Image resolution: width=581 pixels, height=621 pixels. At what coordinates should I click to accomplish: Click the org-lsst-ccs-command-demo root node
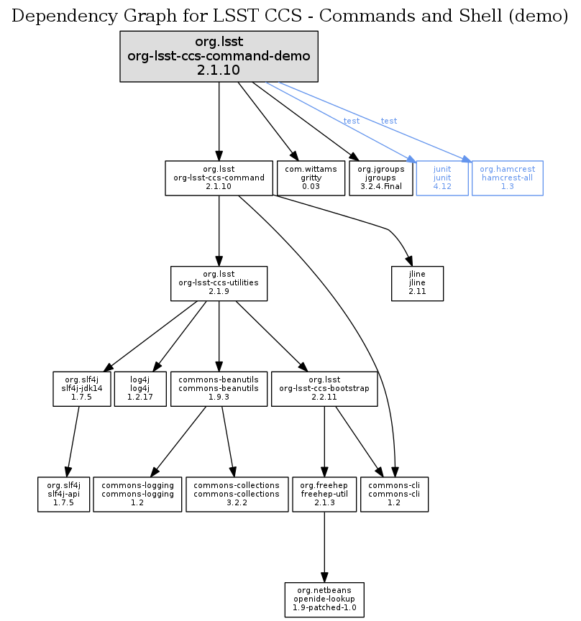(x=219, y=56)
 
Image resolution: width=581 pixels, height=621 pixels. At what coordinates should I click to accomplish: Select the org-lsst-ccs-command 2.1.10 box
(x=219, y=178)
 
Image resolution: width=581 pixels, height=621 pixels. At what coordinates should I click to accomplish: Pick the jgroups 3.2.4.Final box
(x=380, y=178)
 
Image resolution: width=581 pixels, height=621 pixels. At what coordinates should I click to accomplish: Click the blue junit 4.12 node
(x=442, y=178)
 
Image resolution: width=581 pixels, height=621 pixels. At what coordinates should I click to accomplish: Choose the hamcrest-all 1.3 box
(x=507, y=178)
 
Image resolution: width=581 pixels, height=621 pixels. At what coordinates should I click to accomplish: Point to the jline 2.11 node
(x=417, y=283)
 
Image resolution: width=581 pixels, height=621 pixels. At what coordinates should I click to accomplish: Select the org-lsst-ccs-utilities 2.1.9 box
(x=219, y=283)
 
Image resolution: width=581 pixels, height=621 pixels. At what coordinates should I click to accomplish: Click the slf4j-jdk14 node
(x=82, y=389)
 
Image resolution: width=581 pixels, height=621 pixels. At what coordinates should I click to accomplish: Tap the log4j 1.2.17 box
(x=140, y=389)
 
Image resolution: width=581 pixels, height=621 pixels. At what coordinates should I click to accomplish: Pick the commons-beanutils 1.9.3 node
(x=219, y=389)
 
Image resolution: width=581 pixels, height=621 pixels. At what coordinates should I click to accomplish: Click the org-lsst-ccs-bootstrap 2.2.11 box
(x=324, y=389)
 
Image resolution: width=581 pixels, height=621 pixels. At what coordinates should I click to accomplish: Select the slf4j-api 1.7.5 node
(x=64, y=494)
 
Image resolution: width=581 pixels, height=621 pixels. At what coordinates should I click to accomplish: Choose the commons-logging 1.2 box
(x=137, y=494)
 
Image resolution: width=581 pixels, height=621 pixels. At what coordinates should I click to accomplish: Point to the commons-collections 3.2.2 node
(x=237, y=494)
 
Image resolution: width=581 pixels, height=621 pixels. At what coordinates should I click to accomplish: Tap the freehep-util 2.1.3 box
(x=324, y=494)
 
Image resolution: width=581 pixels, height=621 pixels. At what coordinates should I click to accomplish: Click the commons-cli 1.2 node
(x=394, y=494)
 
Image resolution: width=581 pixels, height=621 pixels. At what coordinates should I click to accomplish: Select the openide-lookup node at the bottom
(x=324, y=599)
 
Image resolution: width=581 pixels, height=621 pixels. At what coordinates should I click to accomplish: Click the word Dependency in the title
(x=53, y=16)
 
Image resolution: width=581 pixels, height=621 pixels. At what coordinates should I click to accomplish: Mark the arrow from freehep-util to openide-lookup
(x=324, y=546)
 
